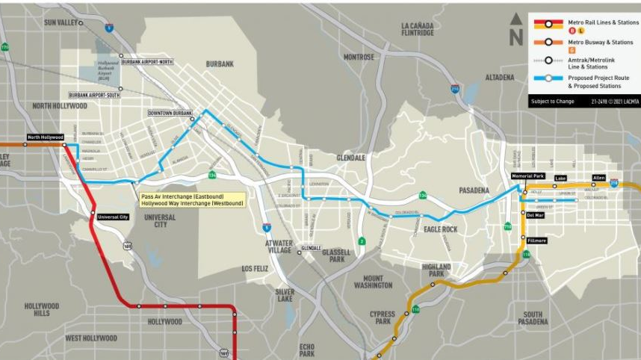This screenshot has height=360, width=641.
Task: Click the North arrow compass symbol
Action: (516, 29)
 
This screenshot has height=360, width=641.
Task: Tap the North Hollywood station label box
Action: (44, 137)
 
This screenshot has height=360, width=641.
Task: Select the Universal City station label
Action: (113, 217)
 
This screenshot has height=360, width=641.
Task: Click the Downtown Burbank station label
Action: (170, 113)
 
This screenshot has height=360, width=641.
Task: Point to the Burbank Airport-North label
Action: (146, 61)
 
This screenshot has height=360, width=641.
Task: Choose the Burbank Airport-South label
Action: (94, 95)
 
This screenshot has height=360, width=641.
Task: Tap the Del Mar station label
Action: (535, 215)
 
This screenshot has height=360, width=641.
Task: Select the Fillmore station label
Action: (537, 240)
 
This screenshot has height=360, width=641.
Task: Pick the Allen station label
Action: (598, 177)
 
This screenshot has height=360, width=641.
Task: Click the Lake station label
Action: (560, 178)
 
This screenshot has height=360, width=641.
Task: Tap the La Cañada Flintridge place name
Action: (417, 28)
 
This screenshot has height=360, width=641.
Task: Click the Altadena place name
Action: (499, 77)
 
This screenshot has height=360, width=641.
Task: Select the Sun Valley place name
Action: (61, 22)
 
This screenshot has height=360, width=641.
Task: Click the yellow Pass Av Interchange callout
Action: (192, 199)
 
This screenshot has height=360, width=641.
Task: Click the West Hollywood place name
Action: (90, 338)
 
